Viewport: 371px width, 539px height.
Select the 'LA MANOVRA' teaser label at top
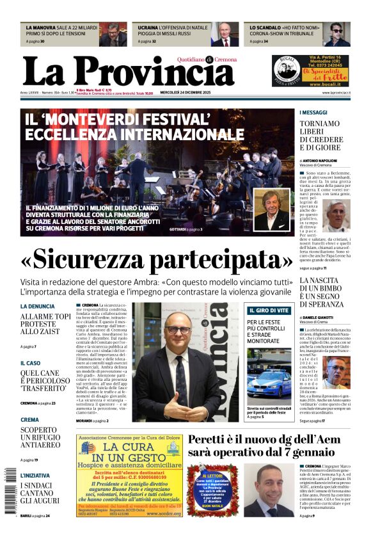click(x=41, y=28)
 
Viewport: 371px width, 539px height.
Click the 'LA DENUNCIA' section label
click(x=37, y=307)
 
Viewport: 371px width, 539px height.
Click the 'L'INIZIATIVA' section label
click(x=35, y=476)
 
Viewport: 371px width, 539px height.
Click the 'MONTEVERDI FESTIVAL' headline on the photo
click(x=134, y=127)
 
